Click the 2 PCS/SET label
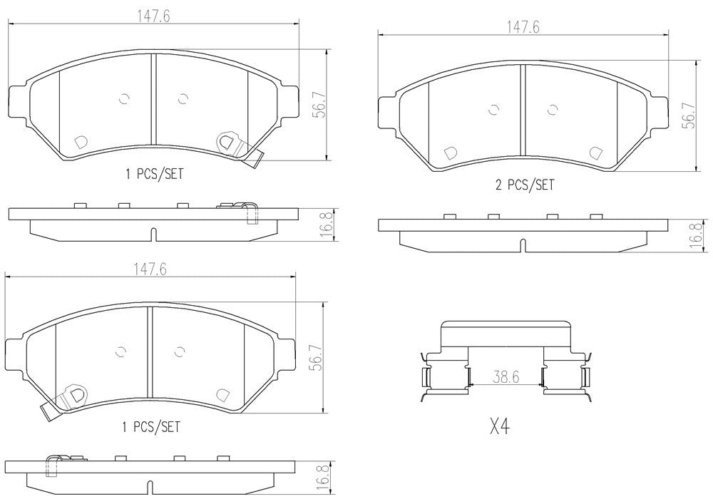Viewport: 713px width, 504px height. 524,185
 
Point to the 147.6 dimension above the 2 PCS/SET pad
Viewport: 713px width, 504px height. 523,27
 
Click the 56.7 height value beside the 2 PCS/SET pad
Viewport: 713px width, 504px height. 688,114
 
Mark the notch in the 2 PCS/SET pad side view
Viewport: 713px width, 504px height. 523,245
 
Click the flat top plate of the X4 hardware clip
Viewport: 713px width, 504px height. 506,329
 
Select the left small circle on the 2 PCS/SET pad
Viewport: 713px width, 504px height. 492,109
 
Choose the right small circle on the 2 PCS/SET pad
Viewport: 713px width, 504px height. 551,109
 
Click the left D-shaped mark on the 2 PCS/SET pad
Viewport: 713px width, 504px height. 450,153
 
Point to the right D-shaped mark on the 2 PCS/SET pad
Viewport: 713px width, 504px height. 595,153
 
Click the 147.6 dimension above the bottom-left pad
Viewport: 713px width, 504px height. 150,269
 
